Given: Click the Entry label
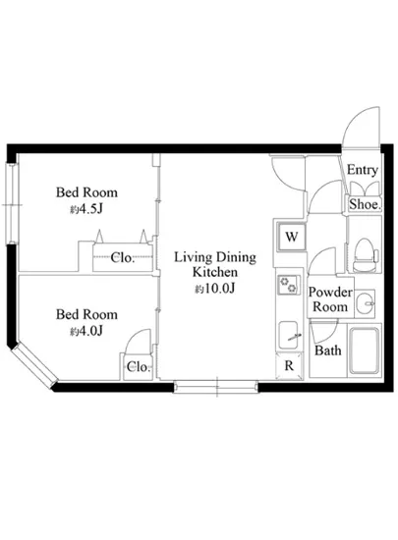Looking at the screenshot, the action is tap(363, 170).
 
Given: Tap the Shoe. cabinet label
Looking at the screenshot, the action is tap(365, 204).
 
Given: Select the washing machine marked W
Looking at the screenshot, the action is tap(292, 237).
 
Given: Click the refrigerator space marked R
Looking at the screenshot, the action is tap(289, 366).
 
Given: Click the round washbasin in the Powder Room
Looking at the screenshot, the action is tap(366, 303).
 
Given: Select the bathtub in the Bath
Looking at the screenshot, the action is tap(365, 351).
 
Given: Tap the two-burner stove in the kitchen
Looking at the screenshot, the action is tap(288, 285).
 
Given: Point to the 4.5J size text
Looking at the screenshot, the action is tap(86, 209).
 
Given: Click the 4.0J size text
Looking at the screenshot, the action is tap(86, 331).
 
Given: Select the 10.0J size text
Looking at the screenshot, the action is tap(214, 289).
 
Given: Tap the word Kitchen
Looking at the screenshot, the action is tap(215, 272).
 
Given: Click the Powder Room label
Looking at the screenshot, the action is tap(330, 299).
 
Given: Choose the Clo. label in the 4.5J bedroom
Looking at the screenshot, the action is tap(123, 257).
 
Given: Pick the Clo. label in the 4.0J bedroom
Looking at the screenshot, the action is tap(139, 367).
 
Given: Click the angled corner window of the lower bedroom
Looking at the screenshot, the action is tap(33, 366).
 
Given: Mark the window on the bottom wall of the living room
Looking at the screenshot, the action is tap(216, 387).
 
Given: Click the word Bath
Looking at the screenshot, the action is tap(327, 351).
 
